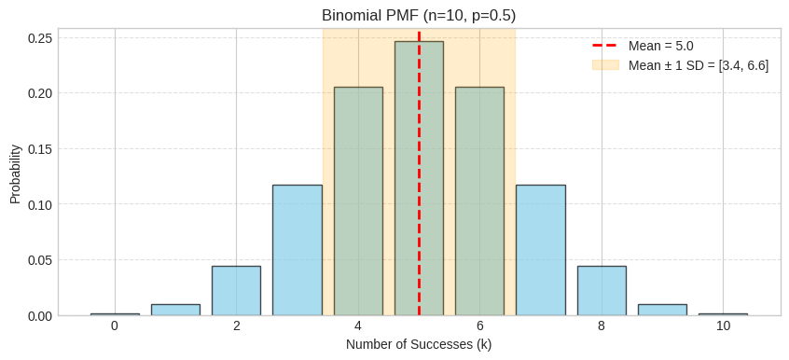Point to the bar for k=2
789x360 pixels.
coord(236,291)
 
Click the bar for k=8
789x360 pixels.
coord(602,291)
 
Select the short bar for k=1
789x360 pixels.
coord(175,310)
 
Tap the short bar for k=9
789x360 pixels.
coord(662,310)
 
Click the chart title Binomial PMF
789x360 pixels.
coord(419,16)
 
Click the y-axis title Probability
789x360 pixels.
coord(16,173)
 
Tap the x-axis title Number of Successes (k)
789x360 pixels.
coord(419,344)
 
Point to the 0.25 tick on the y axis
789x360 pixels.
coord(39,38)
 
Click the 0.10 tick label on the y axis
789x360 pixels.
coord(39,204)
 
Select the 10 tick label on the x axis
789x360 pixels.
coord(723,325)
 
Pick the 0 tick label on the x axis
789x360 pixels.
coord(115,325)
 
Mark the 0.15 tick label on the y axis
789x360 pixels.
coord(39,149)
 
